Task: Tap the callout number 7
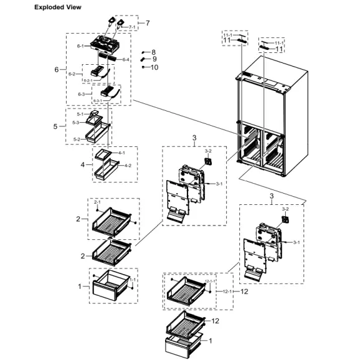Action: [148, 23]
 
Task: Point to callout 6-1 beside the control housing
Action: [80, 46]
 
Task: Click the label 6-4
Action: [126, 59]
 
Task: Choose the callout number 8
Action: [153, 52]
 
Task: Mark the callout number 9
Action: [153, 59]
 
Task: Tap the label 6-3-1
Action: [97, 101]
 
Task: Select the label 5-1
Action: [80, 115]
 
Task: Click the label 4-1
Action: [120, 153]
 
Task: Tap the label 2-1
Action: [97, 203]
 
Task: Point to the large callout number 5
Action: [55, 126]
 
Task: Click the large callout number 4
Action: [82, 165]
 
